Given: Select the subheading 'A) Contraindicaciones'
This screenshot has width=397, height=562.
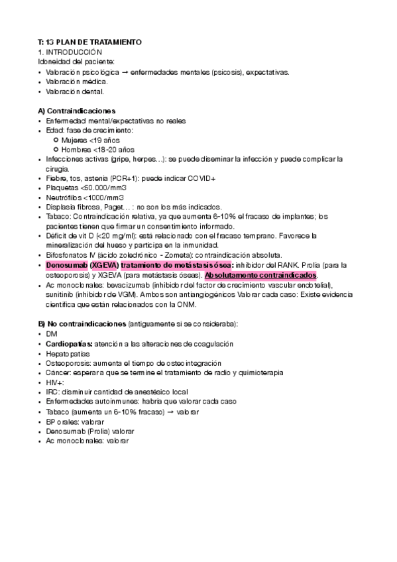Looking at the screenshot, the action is coord(77,110).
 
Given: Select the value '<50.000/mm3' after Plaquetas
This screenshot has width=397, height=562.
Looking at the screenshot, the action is coord(104,188).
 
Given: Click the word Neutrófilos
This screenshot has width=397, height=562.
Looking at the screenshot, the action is coord(65,197).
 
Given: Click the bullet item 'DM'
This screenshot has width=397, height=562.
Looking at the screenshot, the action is coord(52,333).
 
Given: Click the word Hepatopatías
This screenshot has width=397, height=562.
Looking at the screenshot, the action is coord(70,353).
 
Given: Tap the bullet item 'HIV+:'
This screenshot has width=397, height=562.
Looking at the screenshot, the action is coord(56,382).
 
